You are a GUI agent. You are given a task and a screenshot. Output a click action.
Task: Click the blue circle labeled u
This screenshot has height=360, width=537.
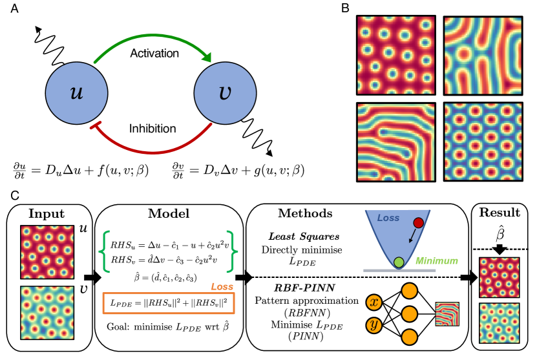click(x=76, y=93)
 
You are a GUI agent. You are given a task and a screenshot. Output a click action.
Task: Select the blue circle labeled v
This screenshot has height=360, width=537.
click(x=225, y=93)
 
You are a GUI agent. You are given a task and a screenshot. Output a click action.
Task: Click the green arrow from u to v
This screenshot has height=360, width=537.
click(x=153, y=37)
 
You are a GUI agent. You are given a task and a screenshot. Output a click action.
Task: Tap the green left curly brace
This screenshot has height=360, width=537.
click(x=105, y=251)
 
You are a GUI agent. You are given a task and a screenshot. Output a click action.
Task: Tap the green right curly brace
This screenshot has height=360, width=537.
click(x=232, y=251)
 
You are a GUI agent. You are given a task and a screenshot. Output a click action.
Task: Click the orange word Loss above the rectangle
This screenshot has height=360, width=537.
click(x=222, y=286)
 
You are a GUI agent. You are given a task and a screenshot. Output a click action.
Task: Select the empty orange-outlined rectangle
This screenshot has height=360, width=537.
click(x=169, y=304)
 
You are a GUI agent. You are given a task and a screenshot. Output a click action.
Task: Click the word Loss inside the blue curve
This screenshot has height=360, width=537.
click(x=388, y=218)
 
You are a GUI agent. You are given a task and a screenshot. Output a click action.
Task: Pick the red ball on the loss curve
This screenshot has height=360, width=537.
click(x=418, y=223)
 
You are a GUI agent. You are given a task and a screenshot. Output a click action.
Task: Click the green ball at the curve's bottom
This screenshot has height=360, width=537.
click(x=399, y=262)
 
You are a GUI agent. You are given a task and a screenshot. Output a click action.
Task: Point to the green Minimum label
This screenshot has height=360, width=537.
click(x=436, y=261)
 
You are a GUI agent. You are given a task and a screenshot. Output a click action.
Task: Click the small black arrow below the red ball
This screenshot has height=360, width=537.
click(x=412, y=237)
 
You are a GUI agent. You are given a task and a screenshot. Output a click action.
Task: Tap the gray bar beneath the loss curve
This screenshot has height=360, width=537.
click(x=399, y=270)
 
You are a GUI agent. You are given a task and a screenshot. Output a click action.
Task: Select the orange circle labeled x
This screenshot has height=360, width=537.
click(x=374, y=302)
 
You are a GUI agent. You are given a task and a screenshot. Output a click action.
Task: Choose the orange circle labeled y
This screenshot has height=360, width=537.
click(x=374, y=324)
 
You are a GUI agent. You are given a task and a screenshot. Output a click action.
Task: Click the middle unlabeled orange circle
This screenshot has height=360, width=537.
click(x=409, y=314)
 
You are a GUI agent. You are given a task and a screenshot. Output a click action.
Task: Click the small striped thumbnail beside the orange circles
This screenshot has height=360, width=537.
click(x=447, y=314)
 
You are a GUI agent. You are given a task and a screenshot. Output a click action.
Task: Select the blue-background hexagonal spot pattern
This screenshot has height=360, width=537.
click(x=483, y=142)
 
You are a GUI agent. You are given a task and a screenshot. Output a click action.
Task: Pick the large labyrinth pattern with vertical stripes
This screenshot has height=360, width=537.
click(x=483, y=56)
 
